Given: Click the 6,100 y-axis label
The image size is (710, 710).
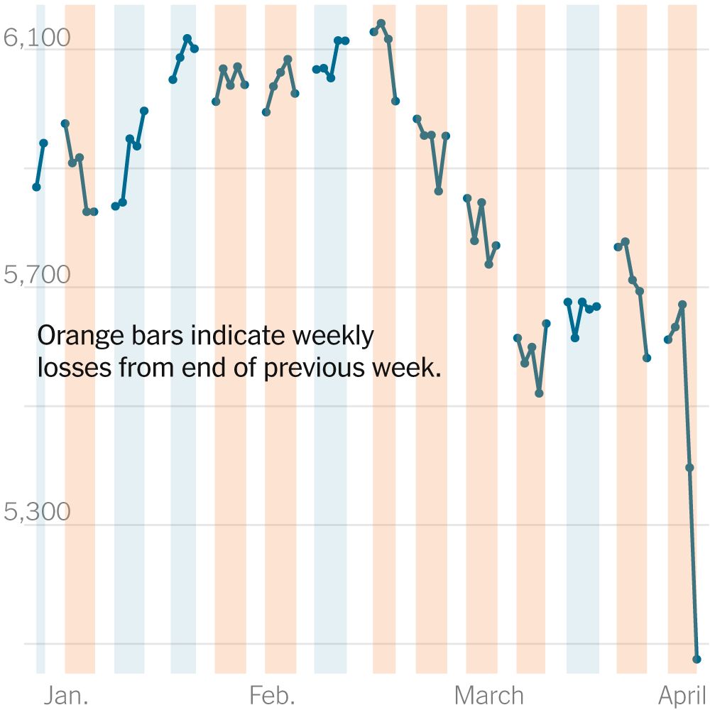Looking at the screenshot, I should coord(37,38).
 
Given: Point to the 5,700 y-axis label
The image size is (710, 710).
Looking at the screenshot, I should coord(37,275).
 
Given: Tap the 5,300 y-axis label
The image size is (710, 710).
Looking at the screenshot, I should coord(37,512).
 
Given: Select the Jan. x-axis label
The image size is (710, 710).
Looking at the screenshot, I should coord(66,696).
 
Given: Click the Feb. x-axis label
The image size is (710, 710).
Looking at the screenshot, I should coord(272,696).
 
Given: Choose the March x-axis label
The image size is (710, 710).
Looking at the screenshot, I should coord(489,696).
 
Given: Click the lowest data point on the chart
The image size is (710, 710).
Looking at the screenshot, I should coord(697,659).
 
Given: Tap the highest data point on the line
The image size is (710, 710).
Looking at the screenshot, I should coord(381,23).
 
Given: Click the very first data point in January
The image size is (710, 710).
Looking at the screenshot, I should coord(36,187).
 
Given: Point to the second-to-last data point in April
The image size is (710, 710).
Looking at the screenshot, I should coord(689,467).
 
